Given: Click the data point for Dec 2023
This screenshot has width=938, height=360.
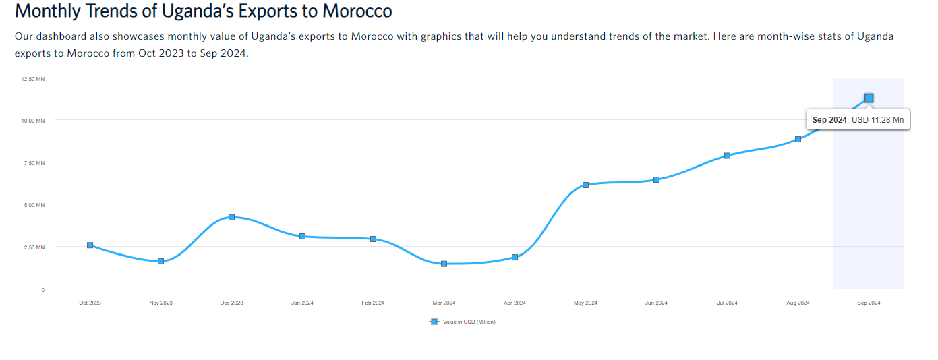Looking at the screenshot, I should [231, 217].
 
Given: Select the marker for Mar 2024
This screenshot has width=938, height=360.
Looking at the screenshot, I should [444, 264].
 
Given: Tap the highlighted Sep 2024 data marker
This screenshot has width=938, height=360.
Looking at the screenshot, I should [869, 98].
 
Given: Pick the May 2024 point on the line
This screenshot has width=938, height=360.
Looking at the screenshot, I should [585, 185].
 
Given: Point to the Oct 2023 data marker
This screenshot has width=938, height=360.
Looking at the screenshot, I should [90, 245].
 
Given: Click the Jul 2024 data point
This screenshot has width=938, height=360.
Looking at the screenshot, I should [727, 156].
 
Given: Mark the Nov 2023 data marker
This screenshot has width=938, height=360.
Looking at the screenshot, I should [160, 261].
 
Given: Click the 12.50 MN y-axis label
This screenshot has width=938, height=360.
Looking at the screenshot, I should [32, 79].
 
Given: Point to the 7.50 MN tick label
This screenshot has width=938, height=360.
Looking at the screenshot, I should [34, 163].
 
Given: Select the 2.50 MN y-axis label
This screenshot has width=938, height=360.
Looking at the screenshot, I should [34, 247].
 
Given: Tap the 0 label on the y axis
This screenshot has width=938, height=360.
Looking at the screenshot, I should [42, 290].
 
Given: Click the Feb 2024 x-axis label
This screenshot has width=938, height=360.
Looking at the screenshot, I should [373, 303].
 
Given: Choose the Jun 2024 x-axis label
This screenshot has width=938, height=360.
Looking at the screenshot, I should [656, 303].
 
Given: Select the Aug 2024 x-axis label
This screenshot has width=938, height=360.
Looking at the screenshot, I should [798, 303].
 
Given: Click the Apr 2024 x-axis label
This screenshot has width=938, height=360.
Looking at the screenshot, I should [515, 303].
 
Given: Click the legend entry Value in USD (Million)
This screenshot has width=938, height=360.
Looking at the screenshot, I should [469, 322].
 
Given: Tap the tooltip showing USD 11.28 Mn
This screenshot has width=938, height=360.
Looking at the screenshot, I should [858, 120].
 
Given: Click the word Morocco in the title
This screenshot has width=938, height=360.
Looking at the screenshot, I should [358, 11].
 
